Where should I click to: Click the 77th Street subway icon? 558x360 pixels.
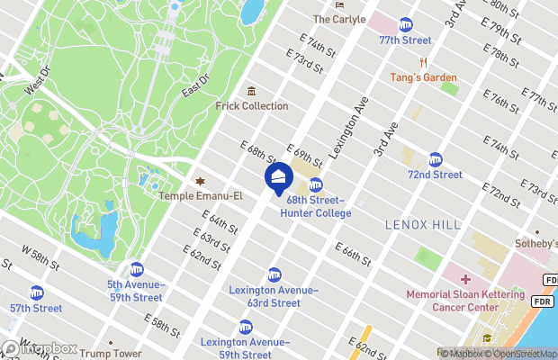pos(406,24)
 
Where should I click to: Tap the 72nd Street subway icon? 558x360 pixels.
pos(436,158)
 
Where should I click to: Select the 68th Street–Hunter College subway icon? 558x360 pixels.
pos(316,184)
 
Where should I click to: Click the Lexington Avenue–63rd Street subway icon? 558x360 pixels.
pos(274,274)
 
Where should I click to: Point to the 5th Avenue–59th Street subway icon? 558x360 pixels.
pos(137,268)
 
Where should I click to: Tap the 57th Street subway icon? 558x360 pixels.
pos(37,292)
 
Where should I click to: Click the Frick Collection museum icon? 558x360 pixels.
pos(251,91)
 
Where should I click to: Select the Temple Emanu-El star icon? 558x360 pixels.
pos(200,181)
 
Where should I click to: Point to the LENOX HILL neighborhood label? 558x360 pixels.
pos(422,224)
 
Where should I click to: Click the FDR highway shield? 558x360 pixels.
pos(542,301)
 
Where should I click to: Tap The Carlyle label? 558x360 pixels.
pos(339,19)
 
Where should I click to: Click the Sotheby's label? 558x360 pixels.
pos(535,244)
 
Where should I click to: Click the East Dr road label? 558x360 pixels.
pos(195,86)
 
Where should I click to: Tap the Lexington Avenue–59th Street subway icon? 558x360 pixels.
pos(246,327)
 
